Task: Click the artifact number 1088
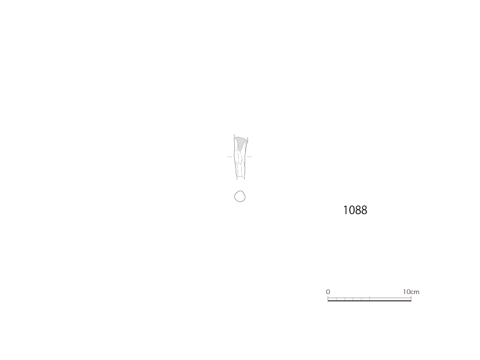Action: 355,210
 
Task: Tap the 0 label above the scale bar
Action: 328,292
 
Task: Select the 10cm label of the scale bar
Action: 411,292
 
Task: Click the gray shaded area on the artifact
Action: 240,142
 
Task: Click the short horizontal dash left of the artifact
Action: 230,157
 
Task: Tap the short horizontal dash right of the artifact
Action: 249,157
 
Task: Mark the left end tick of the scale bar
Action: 328,299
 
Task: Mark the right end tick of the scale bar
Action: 411,299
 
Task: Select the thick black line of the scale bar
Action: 369,300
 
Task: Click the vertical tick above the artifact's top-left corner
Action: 234,135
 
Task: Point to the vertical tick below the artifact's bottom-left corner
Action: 237,178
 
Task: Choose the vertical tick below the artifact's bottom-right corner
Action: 245,178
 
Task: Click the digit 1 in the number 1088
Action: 345,210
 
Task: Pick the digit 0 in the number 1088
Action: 352,210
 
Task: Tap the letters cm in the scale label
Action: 414,292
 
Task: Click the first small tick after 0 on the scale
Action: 336,299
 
